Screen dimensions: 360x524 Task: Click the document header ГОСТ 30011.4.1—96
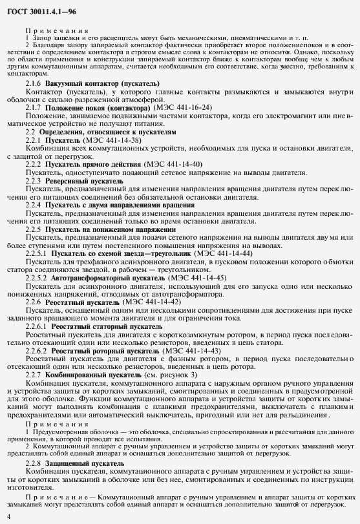[41, 9]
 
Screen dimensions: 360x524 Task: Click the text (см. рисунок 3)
[165, 374]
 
